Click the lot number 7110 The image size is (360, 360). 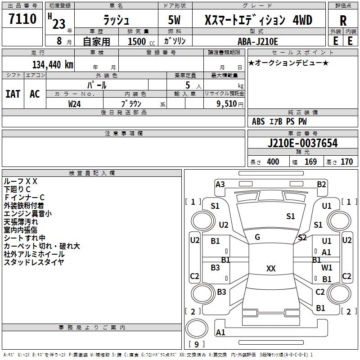(x=22, y=18)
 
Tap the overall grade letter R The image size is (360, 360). (x=343, y=21)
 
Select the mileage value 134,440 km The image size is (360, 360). (x=53, y=64)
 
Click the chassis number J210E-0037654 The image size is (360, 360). (x=302, y=143)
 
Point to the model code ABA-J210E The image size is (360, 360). (x=257, y=41)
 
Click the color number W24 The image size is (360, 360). (x=74, y=104)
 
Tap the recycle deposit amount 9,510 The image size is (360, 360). (x=227, y=103)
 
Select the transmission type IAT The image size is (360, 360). (x=13, y=94)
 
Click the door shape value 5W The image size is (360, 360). (x=174, y=20)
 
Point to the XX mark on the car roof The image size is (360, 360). (x=271, y=268)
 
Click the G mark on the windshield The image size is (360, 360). (x=257, y=237)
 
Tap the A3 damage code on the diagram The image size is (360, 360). (x=220, y=184)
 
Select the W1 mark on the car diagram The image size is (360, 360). (x=327, y=267)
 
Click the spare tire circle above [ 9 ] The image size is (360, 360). (x=197, y=329)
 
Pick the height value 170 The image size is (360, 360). (x=346, y=162)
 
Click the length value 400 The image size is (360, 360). (x=273, y=162)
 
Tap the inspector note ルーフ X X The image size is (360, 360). (x=20, y=181)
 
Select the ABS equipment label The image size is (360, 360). (x=258, y=121)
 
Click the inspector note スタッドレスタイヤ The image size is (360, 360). (x=34, y=262)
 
